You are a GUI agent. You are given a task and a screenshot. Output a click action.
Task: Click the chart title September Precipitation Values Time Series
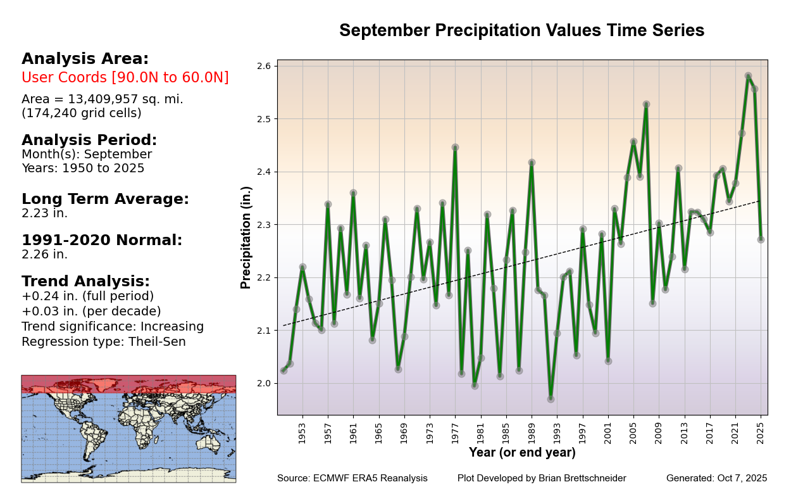(x=521, y=31)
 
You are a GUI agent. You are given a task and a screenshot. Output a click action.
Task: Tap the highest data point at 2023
(x=748, y=76)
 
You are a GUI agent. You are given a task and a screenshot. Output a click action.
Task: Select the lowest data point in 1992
(x=551, y=399)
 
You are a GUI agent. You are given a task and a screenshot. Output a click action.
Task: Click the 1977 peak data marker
(x=455, y=148)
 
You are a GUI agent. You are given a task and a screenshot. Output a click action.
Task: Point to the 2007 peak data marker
(x=646, y=104)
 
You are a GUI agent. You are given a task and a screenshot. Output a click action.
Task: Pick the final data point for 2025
(x=761, y=239)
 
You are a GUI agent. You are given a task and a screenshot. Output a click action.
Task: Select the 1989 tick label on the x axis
(x=532, y=433)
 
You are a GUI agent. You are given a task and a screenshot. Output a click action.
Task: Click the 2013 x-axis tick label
(x=684, y=433)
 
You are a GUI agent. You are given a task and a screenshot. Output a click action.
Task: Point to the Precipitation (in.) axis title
(x=246, y=237)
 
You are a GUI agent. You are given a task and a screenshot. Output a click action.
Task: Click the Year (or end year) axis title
(x=522, y=453)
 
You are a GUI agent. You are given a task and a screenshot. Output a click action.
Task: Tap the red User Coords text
(x=125, y=78)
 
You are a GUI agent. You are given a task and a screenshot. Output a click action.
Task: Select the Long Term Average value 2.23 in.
(x=44, y=213)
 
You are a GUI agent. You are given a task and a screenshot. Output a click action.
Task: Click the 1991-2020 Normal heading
(x=102, y=241)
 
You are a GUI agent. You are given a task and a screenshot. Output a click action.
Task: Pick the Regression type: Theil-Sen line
(x=104, y=342)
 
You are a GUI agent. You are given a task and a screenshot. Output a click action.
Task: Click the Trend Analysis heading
(x=85, y=282)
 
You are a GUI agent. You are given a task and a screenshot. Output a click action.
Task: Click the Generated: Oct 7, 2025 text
(x=716, y=478)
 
